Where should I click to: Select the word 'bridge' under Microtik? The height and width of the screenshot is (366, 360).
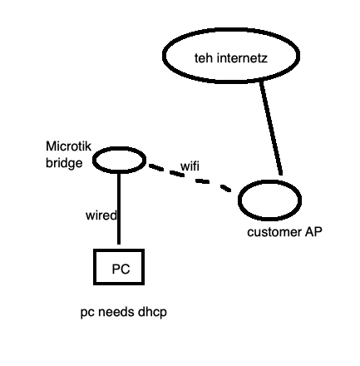tap(63, 162)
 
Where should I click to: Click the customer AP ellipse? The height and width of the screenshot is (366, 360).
tap(269, 200)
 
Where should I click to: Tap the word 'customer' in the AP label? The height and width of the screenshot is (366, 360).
tap(270, 232)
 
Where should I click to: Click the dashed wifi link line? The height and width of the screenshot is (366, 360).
tap(200, 181)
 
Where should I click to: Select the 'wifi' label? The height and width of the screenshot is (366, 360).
tap(190, 166)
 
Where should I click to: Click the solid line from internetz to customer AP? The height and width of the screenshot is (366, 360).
tap(272, 125)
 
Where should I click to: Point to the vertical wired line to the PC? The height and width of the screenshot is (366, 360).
tap(119, 208)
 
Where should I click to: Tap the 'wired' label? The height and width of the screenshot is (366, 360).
tap(101, 215)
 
